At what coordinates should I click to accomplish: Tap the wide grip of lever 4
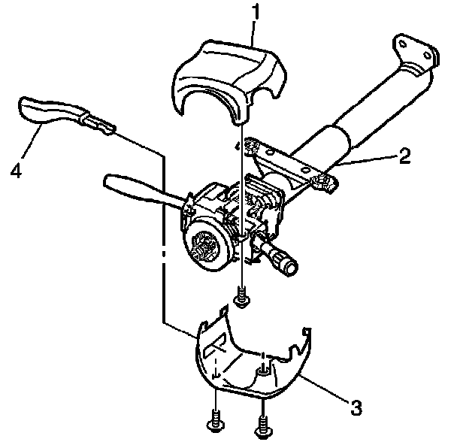tap(46, 110)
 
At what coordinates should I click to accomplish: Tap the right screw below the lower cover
tap(262, 425)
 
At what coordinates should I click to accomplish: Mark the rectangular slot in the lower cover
tap(215, 345)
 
